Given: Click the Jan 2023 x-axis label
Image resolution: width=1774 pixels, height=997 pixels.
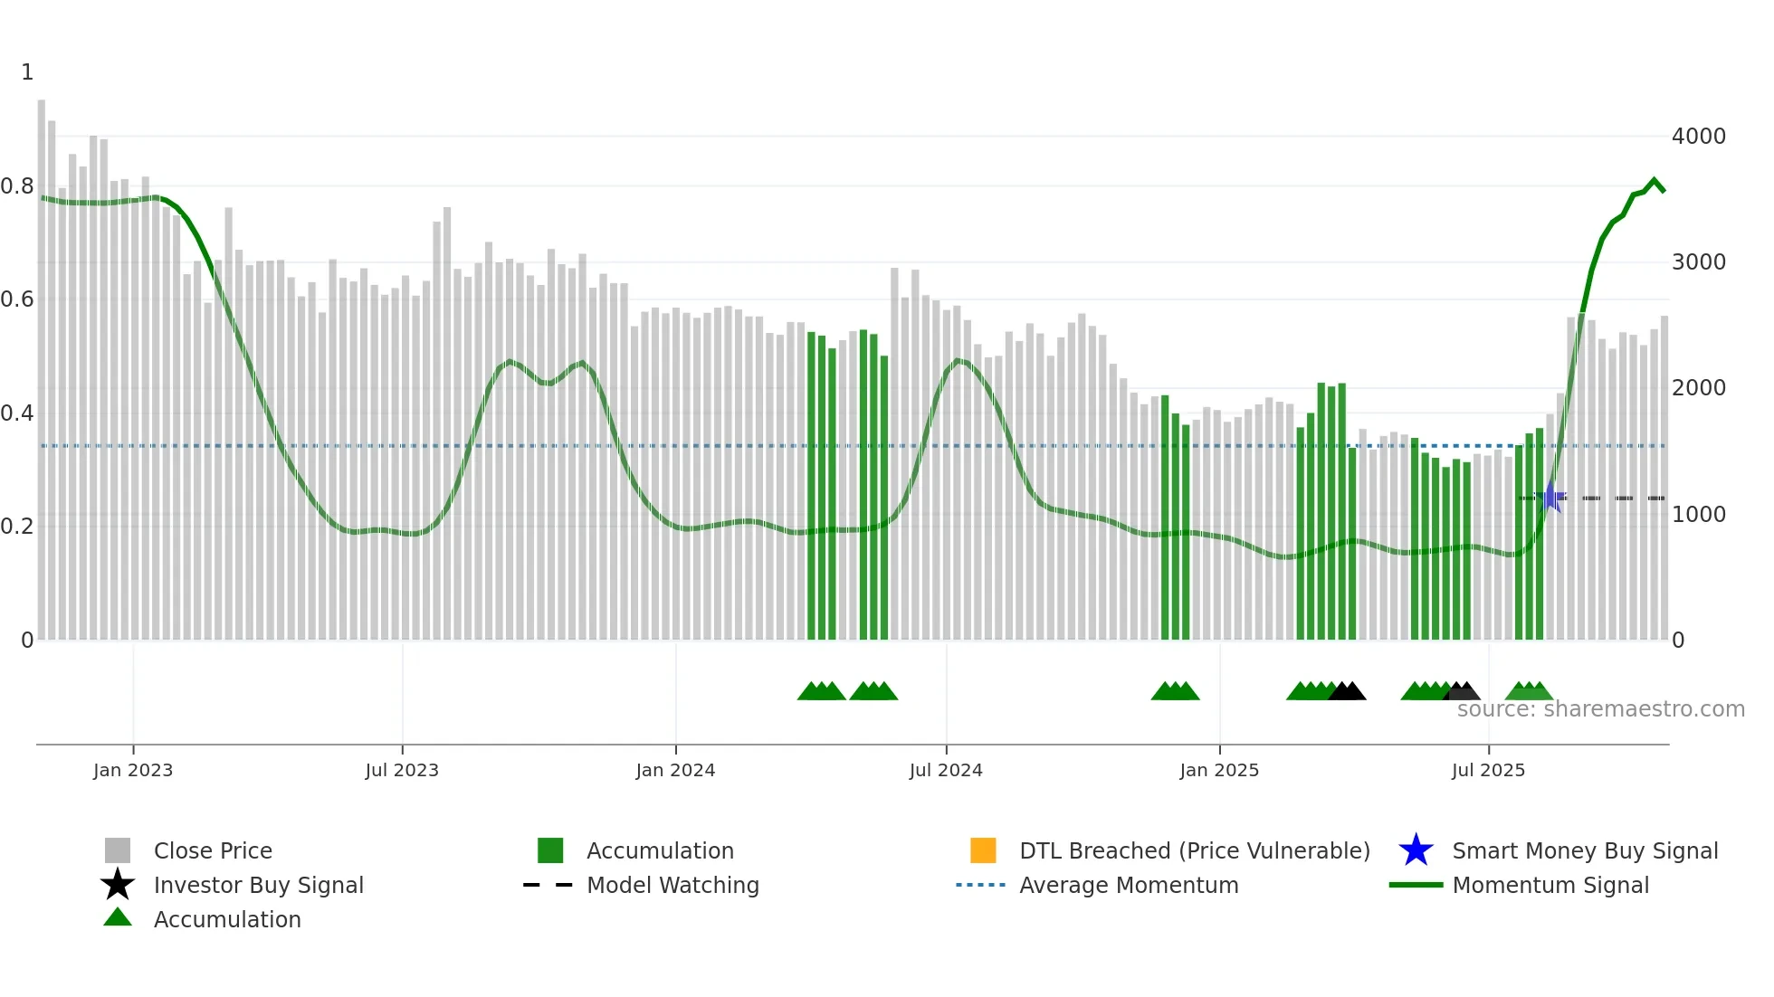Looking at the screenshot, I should (x=132, y=770).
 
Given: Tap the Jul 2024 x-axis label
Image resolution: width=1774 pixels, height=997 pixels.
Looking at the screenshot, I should (x=946, y=770).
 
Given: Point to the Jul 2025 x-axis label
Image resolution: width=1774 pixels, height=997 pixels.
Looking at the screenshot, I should (x=1488, y=770).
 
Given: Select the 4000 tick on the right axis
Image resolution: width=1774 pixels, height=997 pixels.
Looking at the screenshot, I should (x=1699, y=137).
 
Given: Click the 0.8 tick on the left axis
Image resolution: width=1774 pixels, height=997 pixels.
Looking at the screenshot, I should (x=17, y=186).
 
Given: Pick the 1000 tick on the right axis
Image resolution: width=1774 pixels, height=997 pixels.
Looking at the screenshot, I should (x=1699, y=515).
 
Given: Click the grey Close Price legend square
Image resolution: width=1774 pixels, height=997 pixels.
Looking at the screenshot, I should (x=118, y=850).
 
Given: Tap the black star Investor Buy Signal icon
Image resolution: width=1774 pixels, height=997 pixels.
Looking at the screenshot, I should (x=118, y=885).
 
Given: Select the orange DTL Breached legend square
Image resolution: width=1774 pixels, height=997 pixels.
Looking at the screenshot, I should (x=983, y=850).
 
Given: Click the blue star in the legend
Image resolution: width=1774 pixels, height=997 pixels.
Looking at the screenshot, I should (x=1416, y=850).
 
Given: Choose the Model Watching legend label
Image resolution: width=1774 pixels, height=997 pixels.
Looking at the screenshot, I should (x=672, y=885).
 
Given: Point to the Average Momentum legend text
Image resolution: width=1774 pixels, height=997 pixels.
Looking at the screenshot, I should (x=1129, y=885).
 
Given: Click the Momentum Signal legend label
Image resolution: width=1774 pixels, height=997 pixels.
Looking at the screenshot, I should (x=1550, y=885).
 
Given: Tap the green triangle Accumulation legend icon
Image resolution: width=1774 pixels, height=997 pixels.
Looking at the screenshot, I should (x=118, y=917).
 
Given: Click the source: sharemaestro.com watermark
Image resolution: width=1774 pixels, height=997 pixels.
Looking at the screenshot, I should (x=1600, y=709).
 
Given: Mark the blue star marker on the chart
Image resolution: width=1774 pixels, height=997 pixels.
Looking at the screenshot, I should (x=1550, y=497).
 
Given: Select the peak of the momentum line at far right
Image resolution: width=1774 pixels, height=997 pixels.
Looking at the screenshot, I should (x=1655, y=180).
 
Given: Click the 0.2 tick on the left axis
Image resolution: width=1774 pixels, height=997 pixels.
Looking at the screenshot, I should (x=17, y=527).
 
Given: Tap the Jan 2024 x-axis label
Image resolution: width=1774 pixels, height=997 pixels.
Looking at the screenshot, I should (x=675, y=770).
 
